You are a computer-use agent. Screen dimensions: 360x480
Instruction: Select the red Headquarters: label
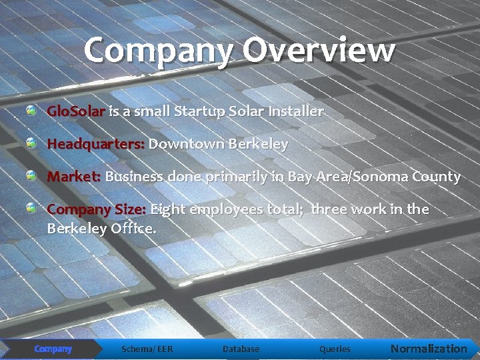pos(95,144)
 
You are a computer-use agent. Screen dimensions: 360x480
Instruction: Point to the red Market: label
pos(73,177)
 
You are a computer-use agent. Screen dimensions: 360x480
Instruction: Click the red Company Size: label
pos(96,209)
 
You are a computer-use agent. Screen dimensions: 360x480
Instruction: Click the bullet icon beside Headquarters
pos(32,143)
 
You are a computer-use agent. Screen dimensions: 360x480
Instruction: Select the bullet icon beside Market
pos(32,175)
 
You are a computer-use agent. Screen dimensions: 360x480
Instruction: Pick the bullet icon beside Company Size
pos(32,208)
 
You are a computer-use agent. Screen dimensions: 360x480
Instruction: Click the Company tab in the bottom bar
pos(53,349)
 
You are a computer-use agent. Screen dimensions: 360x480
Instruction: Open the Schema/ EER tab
pos(147,349)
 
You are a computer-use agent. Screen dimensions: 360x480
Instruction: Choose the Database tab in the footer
pos(241,349)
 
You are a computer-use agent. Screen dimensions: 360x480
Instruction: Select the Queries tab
pos(335,349)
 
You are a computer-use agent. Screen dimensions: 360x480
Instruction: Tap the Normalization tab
pos(429,349)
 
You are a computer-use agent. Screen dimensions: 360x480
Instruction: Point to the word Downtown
pos(186,144)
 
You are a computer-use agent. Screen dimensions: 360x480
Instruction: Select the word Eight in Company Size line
pos(169,209)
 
